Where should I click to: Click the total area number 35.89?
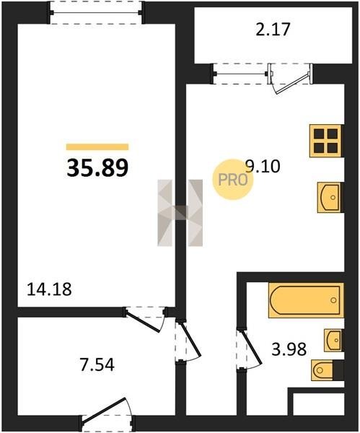coord(97,168)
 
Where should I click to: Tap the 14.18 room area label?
coord(49,289)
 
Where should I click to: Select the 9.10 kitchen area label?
coord(263,166)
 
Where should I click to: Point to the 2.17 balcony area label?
coord(273,30)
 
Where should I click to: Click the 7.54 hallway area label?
coord(97,364)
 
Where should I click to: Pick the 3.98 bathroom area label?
coord(289,349)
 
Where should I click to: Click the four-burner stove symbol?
coord(326,141)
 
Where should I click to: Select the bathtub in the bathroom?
coord(306,300)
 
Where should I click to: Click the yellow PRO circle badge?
coord(233,180)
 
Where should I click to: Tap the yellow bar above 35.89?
coord(97,146)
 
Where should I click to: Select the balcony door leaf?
coord(293,83)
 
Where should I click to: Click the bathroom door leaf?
coord(252,346)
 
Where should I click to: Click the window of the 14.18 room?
coord(96,12)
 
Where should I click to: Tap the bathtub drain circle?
coord(333,300)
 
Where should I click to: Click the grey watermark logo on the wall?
coord(180,213)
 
